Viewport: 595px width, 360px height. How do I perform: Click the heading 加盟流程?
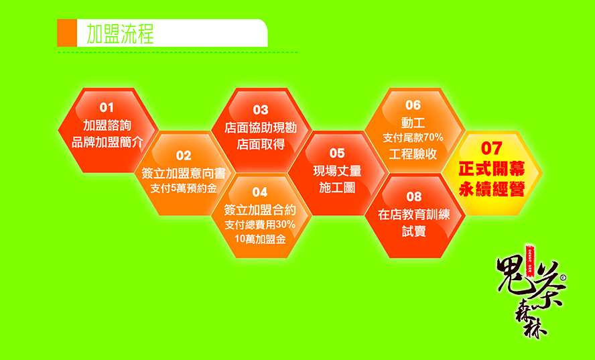[121, 34]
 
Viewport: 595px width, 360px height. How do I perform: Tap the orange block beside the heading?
[67, 33]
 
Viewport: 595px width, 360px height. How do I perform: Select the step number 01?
[107, 107]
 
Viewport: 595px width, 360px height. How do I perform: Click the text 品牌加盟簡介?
[107, 142]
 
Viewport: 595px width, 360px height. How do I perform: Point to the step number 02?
[184, 156]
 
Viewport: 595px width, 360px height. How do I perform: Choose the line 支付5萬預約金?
[184, 188]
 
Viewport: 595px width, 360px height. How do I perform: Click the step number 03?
[261, 110]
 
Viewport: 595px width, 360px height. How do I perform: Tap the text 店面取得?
[261, 144]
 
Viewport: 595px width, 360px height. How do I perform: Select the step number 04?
[260, 192]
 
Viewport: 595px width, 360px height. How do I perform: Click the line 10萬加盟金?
[260, 239]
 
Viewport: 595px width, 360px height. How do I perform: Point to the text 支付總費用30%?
[260, 225]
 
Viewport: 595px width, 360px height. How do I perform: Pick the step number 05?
[337, 153]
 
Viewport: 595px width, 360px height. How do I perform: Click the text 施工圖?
[337, 188]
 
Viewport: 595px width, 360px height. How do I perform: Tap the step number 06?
[413, 105]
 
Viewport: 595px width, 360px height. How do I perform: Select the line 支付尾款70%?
[413, 137]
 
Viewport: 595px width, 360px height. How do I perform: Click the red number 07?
[492, 148]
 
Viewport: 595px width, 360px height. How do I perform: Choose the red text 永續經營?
[492, 189]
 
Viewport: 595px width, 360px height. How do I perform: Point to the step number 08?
[413, 196]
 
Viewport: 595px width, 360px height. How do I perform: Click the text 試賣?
[413, 231]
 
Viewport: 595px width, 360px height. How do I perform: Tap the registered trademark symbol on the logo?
[563, 278]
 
